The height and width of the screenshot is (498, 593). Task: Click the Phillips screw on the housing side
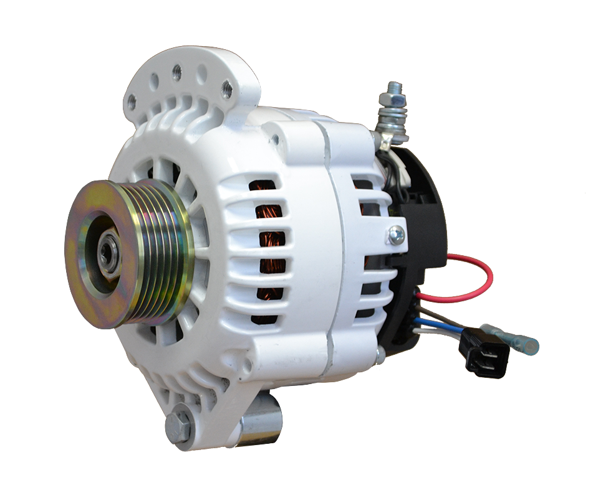pos(395,235)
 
